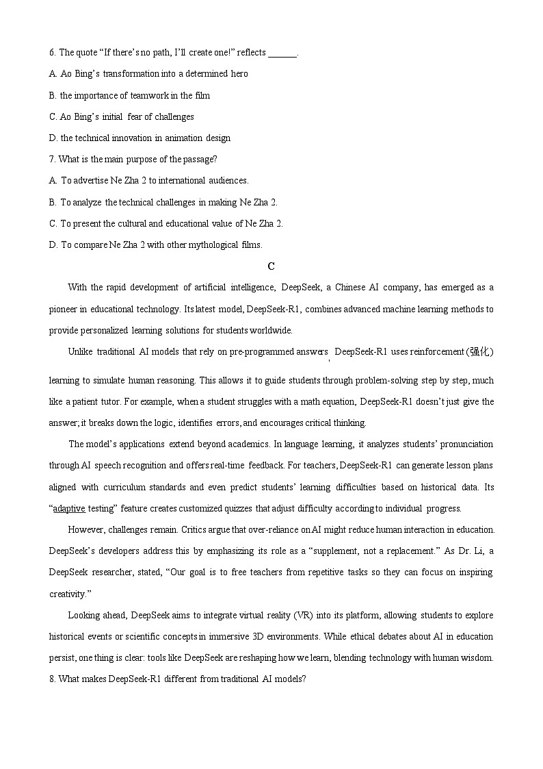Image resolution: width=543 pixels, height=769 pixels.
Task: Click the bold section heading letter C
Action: [x=271, y=266]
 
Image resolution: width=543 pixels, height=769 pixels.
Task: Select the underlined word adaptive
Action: [x=69, y=508]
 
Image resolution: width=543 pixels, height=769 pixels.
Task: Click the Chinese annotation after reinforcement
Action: [x=479, y=352]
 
